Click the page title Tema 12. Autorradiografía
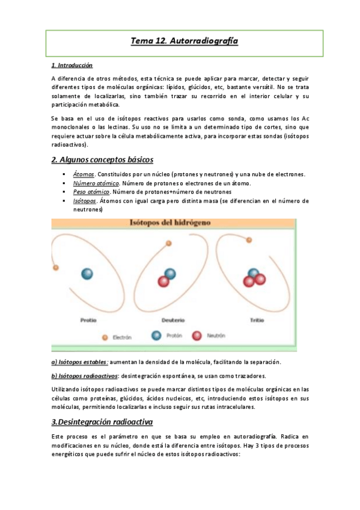pos(185,41)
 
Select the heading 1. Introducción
pos(72,65)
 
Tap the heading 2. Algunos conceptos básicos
pos(102,159)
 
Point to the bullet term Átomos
pos(84,174)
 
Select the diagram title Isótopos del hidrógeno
pos(171,223)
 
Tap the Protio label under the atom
pos(88,321)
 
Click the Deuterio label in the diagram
pos(172,321)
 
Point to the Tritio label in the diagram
pos(257,321)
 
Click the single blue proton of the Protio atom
pos(87,274)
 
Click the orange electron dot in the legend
pos(105,337)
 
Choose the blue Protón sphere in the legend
pos(157,337)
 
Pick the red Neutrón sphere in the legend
pos(197,337)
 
